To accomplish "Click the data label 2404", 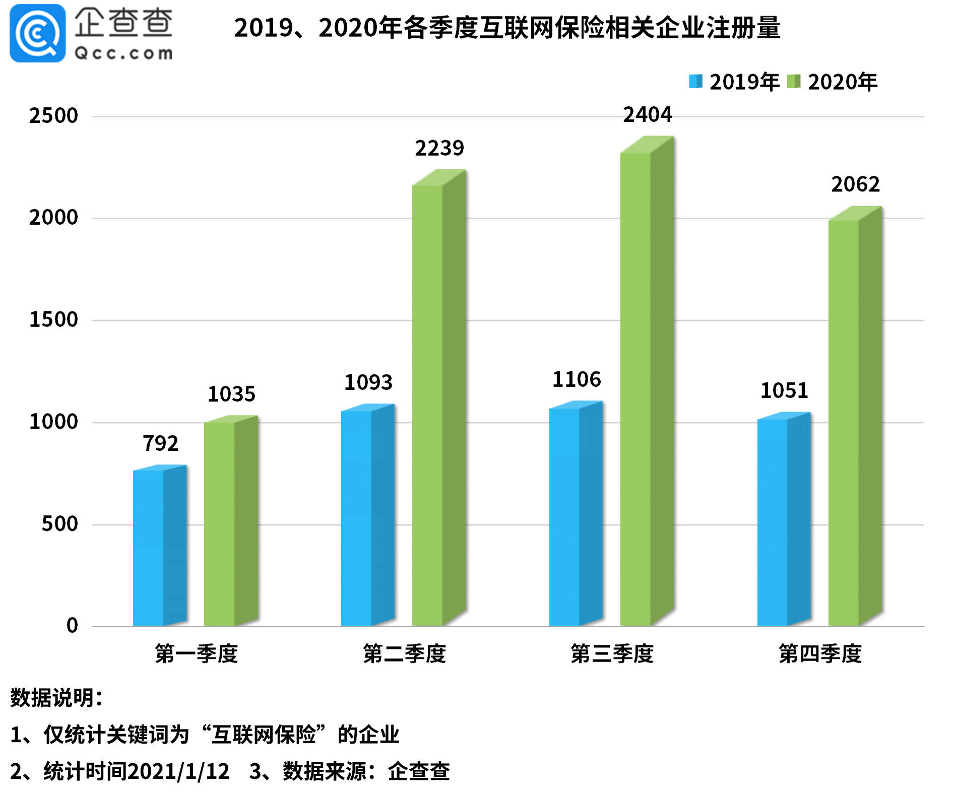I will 648,115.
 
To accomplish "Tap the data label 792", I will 161,443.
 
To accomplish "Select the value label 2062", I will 855,184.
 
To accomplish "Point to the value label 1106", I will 577,379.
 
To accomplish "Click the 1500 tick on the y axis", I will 53,319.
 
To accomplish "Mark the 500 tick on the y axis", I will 59,524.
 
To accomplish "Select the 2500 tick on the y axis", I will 53,116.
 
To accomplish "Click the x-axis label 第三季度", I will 612,653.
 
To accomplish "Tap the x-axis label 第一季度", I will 196,653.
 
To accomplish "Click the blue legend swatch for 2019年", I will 695,81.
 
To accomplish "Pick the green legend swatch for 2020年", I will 794,81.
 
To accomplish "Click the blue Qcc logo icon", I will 37,33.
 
